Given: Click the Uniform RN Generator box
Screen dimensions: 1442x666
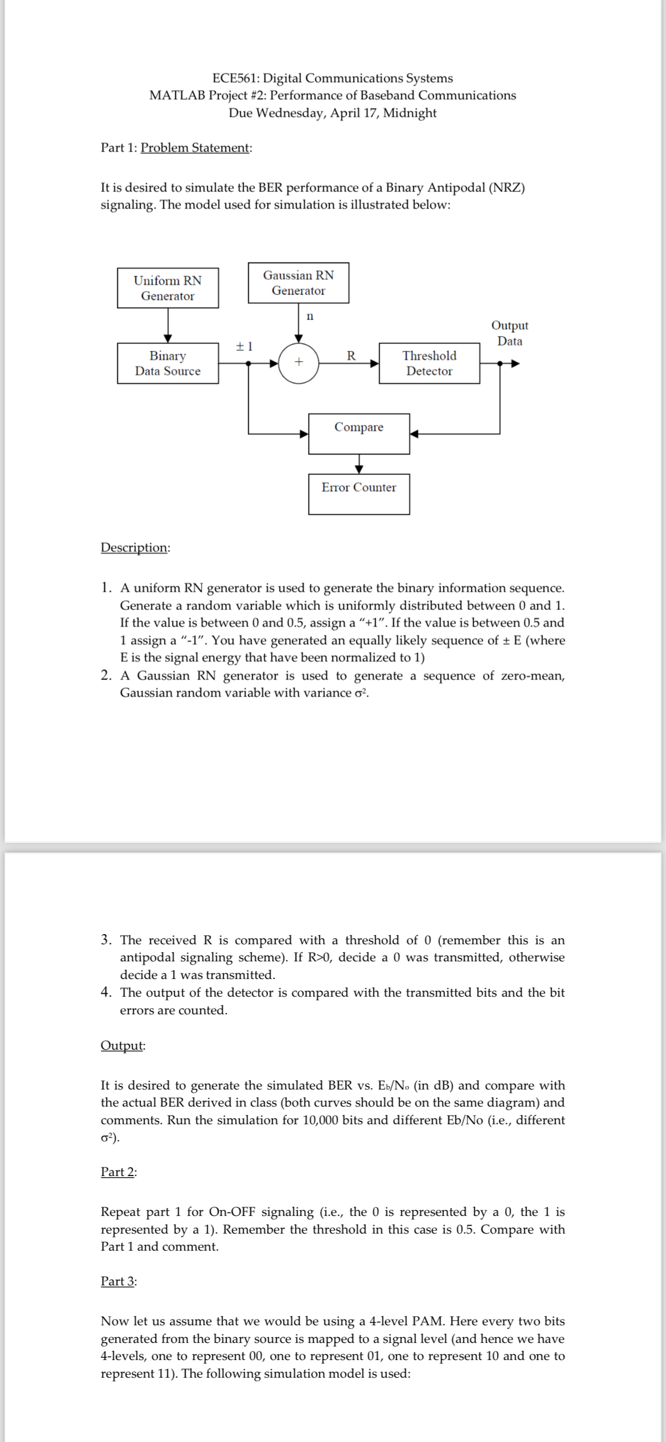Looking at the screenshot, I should (x=167, y=288).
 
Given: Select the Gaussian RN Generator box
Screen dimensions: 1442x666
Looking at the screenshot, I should (x=298, y=282).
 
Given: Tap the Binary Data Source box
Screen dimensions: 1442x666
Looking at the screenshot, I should (x=167, y=363).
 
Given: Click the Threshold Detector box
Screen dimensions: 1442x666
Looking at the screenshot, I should (x=429, y=363).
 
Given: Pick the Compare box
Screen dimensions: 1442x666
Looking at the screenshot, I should (x=359, y=433).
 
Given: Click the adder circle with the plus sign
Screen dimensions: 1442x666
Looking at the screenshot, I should (x=298, y=362).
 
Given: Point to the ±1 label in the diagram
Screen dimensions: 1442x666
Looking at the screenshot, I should (x=244, y=346).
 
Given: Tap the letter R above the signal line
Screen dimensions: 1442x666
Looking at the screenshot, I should (x=351, y=356).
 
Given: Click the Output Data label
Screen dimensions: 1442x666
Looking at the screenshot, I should (x=509, y=333).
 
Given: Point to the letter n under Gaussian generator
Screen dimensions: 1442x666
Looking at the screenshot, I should (x=309, y=316).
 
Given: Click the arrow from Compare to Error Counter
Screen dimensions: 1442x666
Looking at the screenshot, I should (x=359, y=464).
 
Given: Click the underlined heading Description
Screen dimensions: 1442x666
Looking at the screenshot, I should (x=134, y=547).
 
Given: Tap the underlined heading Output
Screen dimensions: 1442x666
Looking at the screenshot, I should (x=122, y=1046).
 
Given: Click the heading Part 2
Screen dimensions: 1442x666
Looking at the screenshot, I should (x=118, y=1171).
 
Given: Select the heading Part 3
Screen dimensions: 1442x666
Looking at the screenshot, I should (x=118, y=1281).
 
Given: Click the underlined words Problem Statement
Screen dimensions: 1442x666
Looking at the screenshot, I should (x=195, y=148).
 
